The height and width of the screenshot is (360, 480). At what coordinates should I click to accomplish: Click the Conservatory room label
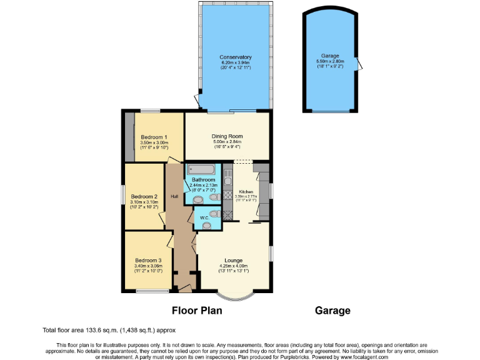coord(235,57)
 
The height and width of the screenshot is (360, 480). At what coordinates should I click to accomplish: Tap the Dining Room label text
coord(227,136)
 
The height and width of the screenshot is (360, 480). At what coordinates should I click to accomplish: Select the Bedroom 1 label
coord(153,137)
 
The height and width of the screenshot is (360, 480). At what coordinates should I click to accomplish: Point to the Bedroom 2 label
coord(144,196)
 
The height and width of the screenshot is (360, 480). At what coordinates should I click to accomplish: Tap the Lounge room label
coord(234,260)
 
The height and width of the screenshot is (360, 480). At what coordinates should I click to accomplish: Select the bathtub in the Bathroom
coord(201,169)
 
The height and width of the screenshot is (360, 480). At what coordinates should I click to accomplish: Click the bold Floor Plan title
coord(199,311)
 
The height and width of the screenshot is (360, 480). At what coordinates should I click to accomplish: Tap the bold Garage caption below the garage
coord(332,311)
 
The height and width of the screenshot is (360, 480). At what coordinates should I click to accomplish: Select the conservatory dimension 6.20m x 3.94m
coord(235,63)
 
